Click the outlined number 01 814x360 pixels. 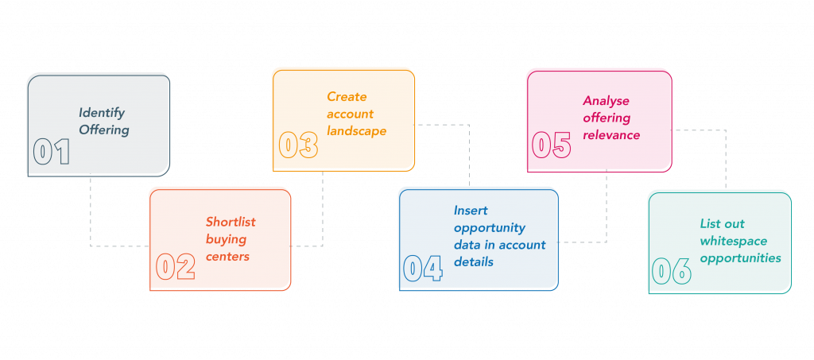[x=52, y=153]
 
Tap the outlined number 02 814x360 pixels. [x=175, y=267]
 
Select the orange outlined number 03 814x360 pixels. [x=298, y=145]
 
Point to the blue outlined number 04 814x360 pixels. [x=422, y=269]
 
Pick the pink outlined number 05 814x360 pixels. [x=551, y=145]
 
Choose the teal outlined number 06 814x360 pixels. [x=672, y=271]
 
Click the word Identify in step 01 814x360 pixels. [x=102, y=113]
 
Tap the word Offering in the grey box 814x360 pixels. [x=103, y=130]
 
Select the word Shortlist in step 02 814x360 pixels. [x=231, y=222]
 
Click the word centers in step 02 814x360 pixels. [x=227, y=257]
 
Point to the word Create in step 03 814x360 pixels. [x=347, y=97]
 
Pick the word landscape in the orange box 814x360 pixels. [x=356, y=131]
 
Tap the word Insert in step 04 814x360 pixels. [x=471, y=211]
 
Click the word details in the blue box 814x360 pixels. [x=474, y=261]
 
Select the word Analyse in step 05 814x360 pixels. [x=607, y=101]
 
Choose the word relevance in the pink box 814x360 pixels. [x=611, y=135]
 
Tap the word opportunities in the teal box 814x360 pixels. [x=740, y=258]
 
